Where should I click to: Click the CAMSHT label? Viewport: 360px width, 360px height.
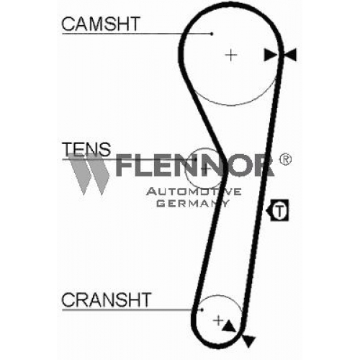coord(101,24)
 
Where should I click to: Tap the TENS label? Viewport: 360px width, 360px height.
coord(86,149)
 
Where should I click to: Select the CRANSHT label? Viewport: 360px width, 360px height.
coord(107,300)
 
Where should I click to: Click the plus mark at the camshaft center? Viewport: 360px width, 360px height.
coord(231,55)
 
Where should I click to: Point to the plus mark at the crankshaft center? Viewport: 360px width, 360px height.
coord(218,320)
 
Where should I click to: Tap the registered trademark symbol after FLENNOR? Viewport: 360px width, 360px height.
coord(285,159)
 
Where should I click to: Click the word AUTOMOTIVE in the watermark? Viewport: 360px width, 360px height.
coord(194,192)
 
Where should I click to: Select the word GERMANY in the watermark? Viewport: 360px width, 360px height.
coord(193,203)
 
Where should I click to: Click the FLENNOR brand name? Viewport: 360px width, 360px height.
coord(194,165)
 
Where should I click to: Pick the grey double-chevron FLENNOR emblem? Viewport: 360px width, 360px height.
coord(89,174)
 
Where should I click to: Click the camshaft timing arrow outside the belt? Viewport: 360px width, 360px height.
coord(290,55)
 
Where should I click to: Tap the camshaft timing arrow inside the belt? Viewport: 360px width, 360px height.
coord(270,55)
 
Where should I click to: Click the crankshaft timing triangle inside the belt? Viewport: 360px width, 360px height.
coord(228,326)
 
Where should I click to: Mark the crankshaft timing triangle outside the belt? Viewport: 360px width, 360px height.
coord(248,341)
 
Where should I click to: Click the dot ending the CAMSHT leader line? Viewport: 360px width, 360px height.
coord(212,34)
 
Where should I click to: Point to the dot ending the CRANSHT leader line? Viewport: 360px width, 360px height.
coord(202,310)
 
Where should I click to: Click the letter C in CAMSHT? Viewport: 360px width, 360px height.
coord(68,24)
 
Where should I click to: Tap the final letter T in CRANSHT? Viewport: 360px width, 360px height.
coord(145,300)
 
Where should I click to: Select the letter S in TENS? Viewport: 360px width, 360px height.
coord(104,149)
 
